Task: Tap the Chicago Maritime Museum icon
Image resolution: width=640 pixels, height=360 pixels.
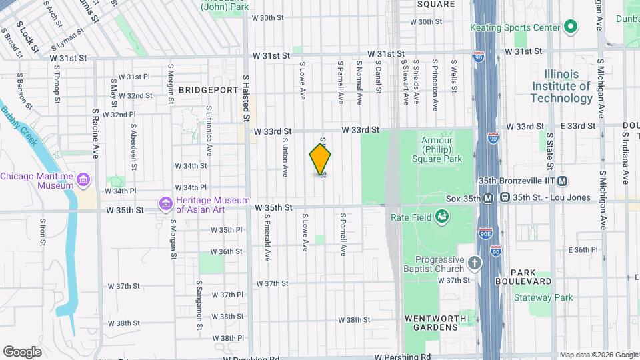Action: click(x=84, y=180)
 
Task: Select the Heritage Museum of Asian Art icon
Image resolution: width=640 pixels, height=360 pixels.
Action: click(x=165, y=203)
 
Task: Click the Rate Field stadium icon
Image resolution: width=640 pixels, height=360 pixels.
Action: click(x=441, y=215)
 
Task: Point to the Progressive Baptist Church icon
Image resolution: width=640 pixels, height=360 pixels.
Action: click(x=475, y=263)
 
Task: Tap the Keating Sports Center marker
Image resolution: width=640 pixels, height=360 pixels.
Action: click(x=570, y=27)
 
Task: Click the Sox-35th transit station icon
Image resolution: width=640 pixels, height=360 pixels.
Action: click(x=489, y=198)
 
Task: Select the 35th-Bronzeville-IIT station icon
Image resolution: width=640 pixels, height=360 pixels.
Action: click(x=563, y=181)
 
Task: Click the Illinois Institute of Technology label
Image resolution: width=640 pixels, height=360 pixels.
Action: click(x=561, y=86)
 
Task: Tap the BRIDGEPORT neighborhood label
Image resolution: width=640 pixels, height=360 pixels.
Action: click(x=208, y=90)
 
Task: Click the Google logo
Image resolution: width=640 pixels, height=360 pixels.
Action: click(x=22, y=351)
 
